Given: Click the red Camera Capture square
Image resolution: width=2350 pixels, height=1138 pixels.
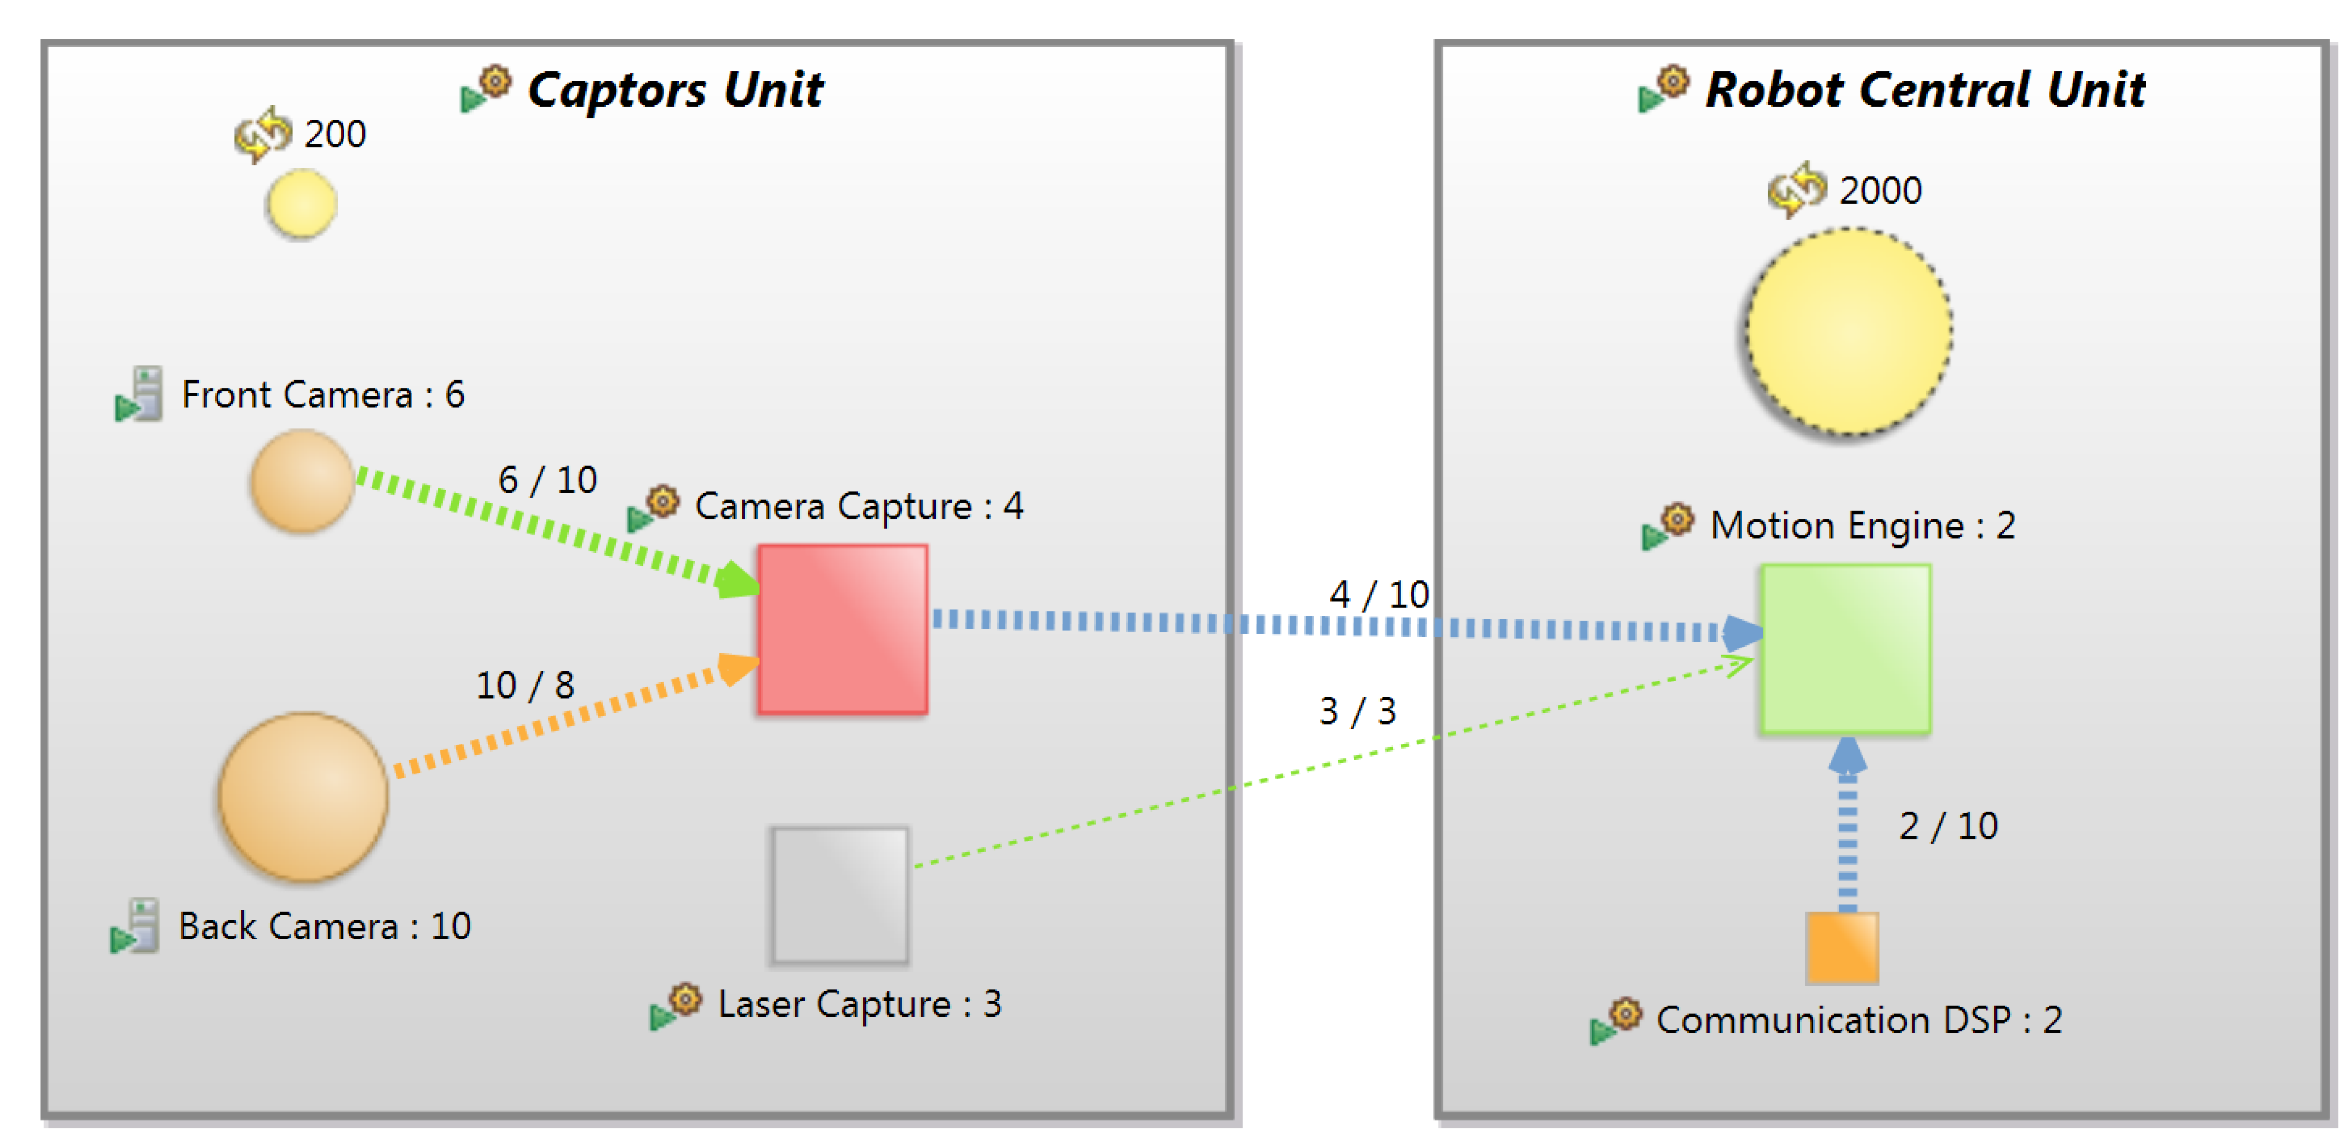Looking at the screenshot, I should click(x=842, y=629).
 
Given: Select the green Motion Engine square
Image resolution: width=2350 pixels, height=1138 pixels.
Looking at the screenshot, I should click(x=1845, y=648).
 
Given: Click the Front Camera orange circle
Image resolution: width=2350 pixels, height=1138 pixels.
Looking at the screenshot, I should click(x=302, y=481).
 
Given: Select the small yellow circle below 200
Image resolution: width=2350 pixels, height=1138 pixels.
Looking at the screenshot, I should click(x=301, y=205).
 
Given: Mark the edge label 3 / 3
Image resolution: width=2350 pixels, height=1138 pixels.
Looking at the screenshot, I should click(x=1358, y=711).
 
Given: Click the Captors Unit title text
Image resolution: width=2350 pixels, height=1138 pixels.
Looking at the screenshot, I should click(x=675, y=90).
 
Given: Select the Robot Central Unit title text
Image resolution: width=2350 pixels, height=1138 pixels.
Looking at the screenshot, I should click(x=1925, y=90).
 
